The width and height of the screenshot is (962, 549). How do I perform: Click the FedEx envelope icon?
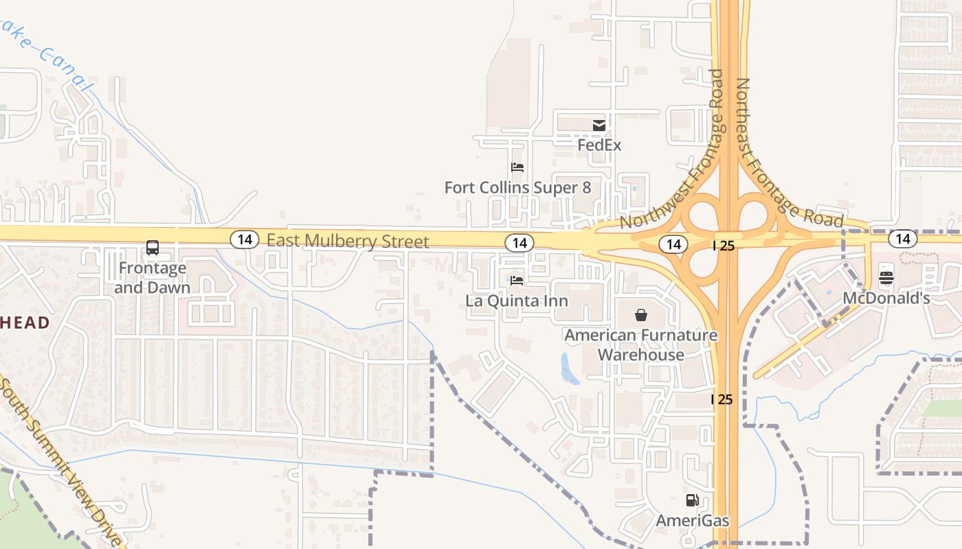pos(599,125)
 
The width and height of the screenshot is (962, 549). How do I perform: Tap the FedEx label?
pos(599,145)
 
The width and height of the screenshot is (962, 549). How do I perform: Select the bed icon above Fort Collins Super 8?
pos(517,167)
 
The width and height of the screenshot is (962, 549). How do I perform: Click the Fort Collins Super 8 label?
pos(517,187)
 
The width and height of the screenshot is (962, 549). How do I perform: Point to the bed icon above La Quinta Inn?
pos(517,280)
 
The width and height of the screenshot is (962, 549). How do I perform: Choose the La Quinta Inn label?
pos(517,301)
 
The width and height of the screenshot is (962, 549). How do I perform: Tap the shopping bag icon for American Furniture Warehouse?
pos(641,315)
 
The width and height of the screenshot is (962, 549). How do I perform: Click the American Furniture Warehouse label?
pos(641,344)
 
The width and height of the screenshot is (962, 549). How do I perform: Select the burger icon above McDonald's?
pos(886,278)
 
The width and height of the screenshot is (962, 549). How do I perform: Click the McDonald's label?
pos(886,299)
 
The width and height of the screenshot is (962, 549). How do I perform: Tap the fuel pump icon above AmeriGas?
pos(692,500)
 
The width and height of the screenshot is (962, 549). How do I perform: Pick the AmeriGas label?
pos(692,521)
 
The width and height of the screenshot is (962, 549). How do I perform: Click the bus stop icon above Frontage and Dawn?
pos(153,248)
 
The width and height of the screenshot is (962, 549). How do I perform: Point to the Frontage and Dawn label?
pos(152,277)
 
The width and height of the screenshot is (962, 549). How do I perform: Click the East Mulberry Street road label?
pos(348,241)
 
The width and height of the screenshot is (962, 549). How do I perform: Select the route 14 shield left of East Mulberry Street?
pos(244,240)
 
